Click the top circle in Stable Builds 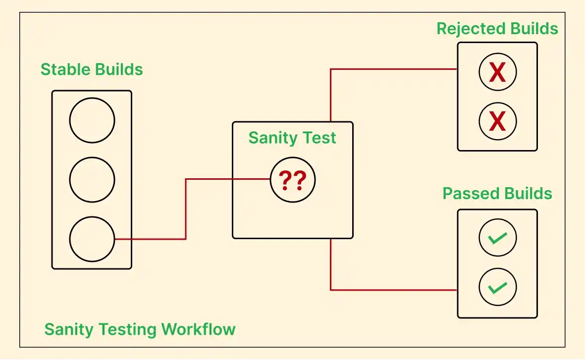click(92, 120)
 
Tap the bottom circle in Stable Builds click(92, 239)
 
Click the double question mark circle click(292, 180)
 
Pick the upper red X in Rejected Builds click(497, 72)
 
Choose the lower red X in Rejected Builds click(497, 121)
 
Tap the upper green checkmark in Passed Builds click(497, 238)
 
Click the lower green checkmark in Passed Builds click(497, 287)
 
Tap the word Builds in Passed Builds click(528, 193)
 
